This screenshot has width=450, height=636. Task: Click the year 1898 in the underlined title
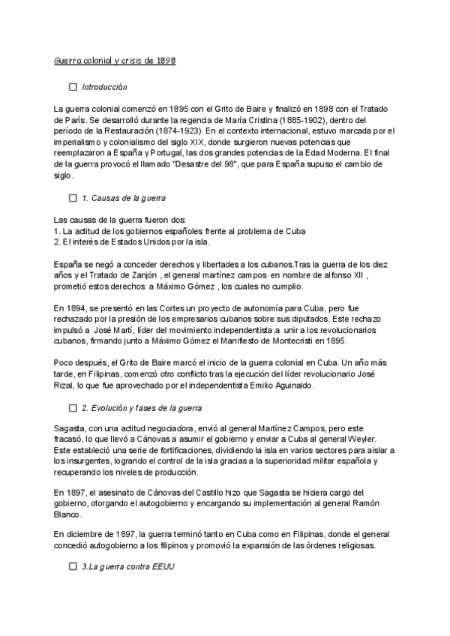pos(166,60)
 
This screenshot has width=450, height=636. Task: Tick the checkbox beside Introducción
pos(73,87)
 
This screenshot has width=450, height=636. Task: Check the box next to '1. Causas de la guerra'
pos(73,198)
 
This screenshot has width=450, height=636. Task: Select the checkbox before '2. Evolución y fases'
pos(73,408)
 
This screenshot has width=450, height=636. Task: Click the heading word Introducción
pos(105,87)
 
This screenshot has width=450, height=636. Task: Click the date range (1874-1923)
pos(172,131)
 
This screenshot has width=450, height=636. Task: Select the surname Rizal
pos(67,385)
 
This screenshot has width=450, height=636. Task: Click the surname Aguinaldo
pos(292,385)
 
